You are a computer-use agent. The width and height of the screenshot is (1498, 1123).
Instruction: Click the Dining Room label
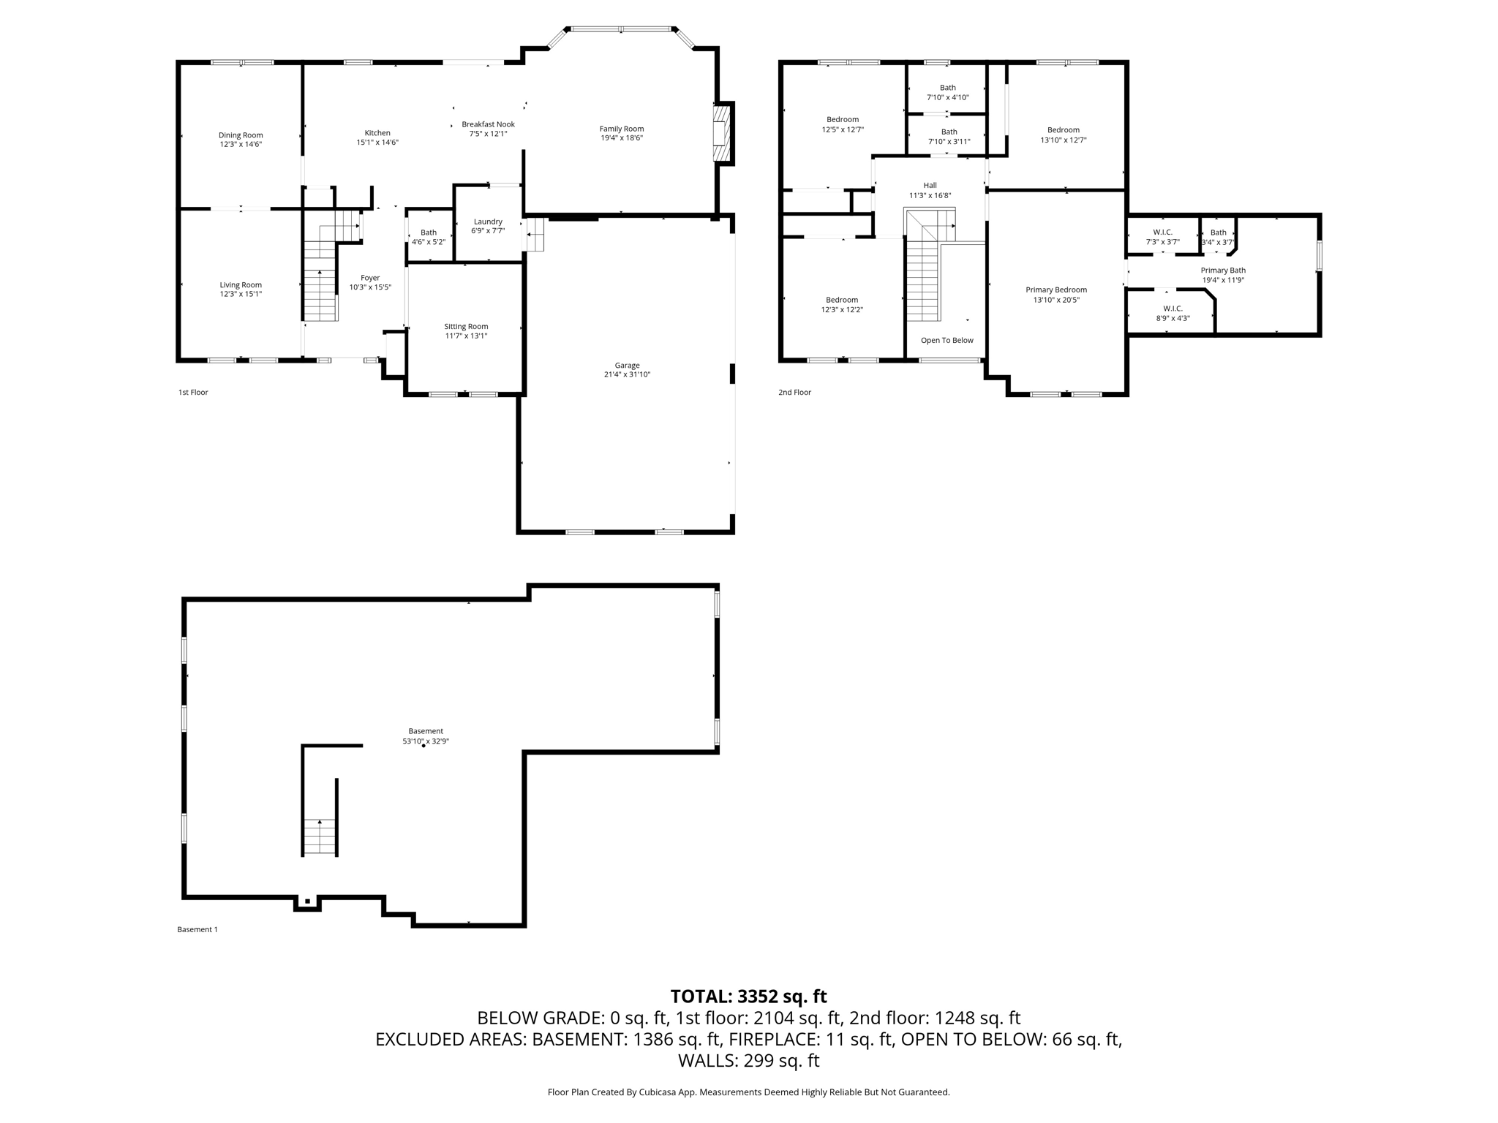pyautogui.click(x=241, y=135)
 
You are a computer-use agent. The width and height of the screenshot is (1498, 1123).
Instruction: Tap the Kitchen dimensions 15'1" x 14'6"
pyautogui.click(x=377, y=143)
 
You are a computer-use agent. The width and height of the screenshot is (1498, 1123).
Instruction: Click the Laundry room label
pyautogui.click(x=488, y=222)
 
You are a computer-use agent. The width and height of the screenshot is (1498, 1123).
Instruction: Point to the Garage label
pyautogui.click(x=628, y=365)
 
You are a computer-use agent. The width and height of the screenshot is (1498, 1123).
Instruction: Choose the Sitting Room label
pyautogui.click(x=466, y=326)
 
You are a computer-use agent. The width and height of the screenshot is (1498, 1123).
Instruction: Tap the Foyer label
pyautogui.click(x=370, y=278)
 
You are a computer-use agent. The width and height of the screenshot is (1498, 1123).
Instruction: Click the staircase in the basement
pyautogui.click(x=320, y=837)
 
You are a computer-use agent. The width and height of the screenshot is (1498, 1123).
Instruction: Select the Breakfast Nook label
pyautogui.click(x=488, y=124)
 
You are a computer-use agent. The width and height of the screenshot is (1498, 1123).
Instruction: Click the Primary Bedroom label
pyautogui.click(x=1056, y=290)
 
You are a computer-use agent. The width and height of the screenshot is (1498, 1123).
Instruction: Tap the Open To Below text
pyautogui.click(x=947, y=340)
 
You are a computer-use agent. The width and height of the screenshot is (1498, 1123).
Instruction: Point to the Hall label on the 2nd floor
pyautogui.click(x=930, y=185)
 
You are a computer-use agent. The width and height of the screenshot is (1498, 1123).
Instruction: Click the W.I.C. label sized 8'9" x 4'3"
pyautogui.click(x=1173, y=309)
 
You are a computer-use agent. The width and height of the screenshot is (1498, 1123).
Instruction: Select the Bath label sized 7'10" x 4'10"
pyautogui.click(x=948, y=88)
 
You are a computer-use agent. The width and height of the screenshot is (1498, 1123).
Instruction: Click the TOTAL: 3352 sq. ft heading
pyautogui.click(x=748, y=997)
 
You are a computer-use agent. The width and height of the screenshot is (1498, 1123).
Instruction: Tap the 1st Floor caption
pyautogui.click(x=193, y=393)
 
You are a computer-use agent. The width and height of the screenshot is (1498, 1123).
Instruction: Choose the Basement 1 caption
pyautogui.click(x=197, y=930)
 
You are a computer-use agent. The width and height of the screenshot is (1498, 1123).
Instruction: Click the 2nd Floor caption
pyautogui.click(x=794, y=393)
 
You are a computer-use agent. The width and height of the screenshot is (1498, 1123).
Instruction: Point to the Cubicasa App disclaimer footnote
pyautogui.click(x=748, y=1092)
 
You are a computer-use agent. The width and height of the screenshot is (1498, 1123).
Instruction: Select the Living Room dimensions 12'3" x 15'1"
pyautogui.click(x=241, y=294)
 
